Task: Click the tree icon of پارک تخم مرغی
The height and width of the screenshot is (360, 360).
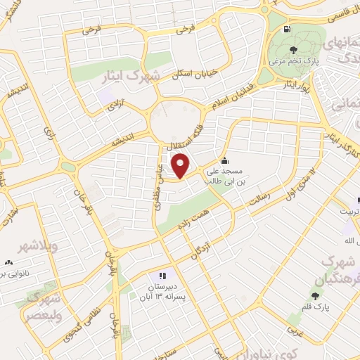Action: point(293,50)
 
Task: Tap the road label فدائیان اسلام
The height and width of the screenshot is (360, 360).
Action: point(235,100)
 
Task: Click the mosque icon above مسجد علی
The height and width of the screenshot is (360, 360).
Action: point(224,159)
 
